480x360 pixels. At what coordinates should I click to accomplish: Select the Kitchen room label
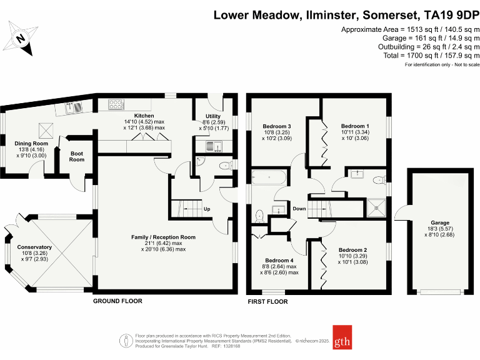(144, 116)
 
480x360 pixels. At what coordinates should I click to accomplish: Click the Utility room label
(213, 116)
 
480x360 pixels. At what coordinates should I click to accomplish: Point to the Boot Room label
(76, 156)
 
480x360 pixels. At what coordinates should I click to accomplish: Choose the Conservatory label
(34, 247)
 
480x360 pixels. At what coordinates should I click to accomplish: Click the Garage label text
(440, 222)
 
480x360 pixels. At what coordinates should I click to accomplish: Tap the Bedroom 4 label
(279, 260)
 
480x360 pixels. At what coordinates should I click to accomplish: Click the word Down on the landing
(299, 209)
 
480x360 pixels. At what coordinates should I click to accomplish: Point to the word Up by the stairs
(207, 209)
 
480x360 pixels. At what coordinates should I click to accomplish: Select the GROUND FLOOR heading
(117, 301)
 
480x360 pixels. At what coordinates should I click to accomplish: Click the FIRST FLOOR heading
(267, 301)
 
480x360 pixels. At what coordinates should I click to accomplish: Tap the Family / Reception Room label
(163, 237)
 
